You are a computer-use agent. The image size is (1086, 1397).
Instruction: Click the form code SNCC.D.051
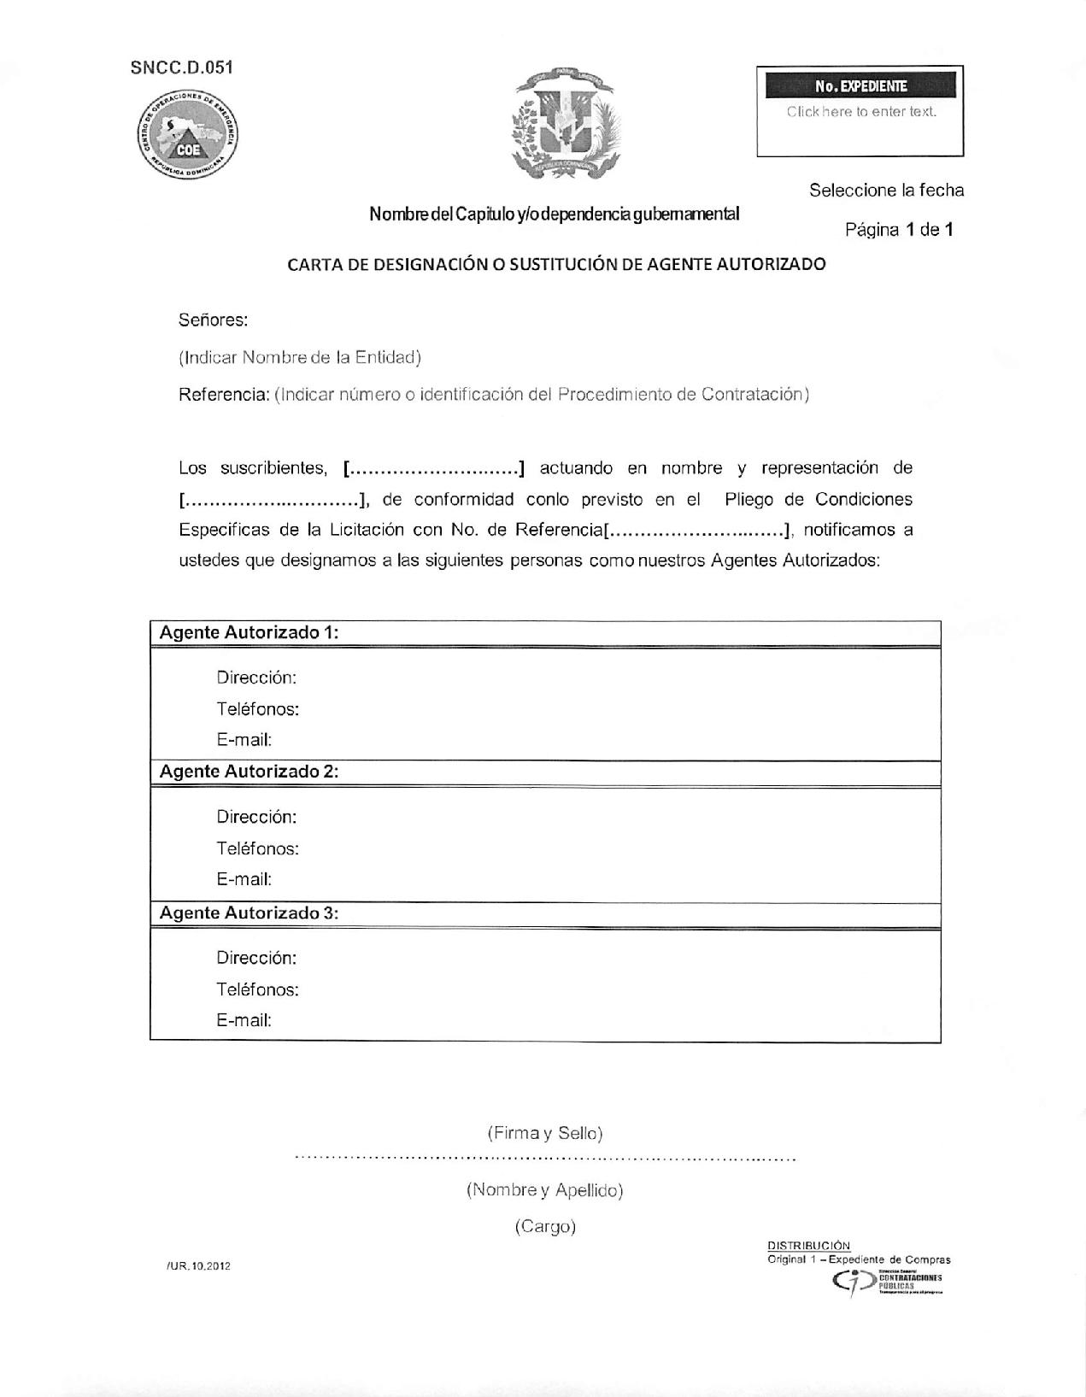pos(181,68)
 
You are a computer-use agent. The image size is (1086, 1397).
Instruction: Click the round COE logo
pos(189,135)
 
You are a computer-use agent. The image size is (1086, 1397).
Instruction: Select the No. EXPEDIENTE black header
pos(860,86)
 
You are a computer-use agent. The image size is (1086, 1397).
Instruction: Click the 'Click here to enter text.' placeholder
pos(860,112)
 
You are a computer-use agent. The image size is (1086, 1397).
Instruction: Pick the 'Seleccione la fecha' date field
pos(886,191)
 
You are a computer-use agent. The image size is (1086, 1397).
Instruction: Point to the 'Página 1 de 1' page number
pos(899,229)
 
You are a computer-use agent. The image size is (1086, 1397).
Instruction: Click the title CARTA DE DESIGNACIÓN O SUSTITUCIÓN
pos(556,264)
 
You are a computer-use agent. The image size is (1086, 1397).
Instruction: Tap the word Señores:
pos(213,320)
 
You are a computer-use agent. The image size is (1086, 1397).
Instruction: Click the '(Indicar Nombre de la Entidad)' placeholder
pos(299,357)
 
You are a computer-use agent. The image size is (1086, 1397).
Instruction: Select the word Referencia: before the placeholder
pos(224,394)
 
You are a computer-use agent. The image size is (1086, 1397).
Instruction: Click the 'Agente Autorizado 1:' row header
pos(249,632)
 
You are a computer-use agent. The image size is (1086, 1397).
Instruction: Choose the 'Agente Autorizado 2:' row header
pos(249,772)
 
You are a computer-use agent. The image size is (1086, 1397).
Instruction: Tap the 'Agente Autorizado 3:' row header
pos(249,913)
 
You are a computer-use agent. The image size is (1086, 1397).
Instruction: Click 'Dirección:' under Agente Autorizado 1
pos(256,678)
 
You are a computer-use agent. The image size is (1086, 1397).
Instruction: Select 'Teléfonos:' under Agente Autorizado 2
pos(257,848)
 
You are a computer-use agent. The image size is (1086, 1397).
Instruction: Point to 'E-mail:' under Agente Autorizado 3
pos(244,1020)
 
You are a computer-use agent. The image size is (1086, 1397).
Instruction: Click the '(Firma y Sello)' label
pos(545,1133)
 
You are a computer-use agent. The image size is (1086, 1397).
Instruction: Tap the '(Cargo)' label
pos(545,1227)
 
